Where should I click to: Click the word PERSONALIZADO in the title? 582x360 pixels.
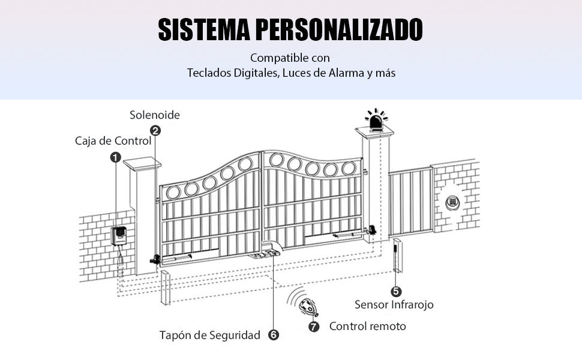338,29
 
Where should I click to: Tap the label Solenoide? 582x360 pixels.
155,115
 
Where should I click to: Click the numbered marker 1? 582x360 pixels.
115,157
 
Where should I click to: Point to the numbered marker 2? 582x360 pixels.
155,131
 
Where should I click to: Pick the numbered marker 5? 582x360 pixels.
396,292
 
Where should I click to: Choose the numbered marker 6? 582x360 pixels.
274,335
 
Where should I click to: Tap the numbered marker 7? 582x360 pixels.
314,326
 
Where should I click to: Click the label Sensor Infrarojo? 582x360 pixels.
394,305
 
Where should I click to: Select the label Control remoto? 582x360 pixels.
367,326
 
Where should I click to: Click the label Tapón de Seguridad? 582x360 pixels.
210,335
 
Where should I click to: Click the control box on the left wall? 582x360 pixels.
118,235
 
